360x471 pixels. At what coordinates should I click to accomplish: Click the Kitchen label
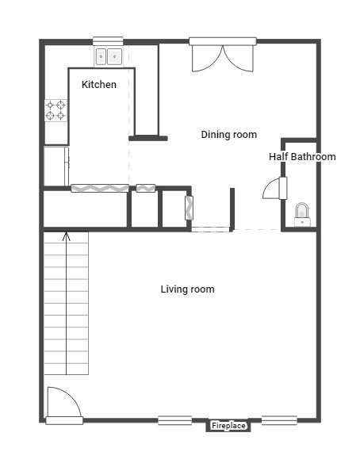[99, 84]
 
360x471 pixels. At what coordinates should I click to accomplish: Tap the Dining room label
[229, 134]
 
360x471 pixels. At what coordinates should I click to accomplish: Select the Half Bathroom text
[302, 156]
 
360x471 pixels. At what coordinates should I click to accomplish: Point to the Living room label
[187, 289]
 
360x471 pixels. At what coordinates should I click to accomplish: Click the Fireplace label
[228, 426]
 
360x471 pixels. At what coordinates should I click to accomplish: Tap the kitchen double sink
[109, 56]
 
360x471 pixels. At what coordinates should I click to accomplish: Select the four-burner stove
[56, 110]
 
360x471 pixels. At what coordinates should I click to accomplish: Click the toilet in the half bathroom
[302, 214]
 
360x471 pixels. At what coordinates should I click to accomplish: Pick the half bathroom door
[275, 189]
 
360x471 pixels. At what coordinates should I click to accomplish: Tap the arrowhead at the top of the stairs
[66, 235]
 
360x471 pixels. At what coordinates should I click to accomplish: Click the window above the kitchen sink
[108, 41]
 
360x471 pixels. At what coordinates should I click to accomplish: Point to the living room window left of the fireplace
[175, 420]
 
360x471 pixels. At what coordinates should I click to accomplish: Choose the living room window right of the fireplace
[279, 420]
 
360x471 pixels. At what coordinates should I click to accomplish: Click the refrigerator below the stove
[56, 166]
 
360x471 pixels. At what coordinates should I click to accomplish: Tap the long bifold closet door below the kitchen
[100, 189]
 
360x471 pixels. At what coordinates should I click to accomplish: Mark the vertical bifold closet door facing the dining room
[189, 208]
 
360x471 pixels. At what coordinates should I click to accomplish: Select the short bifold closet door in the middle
[146, 189]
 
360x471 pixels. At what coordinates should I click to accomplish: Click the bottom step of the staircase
[67, 370]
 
